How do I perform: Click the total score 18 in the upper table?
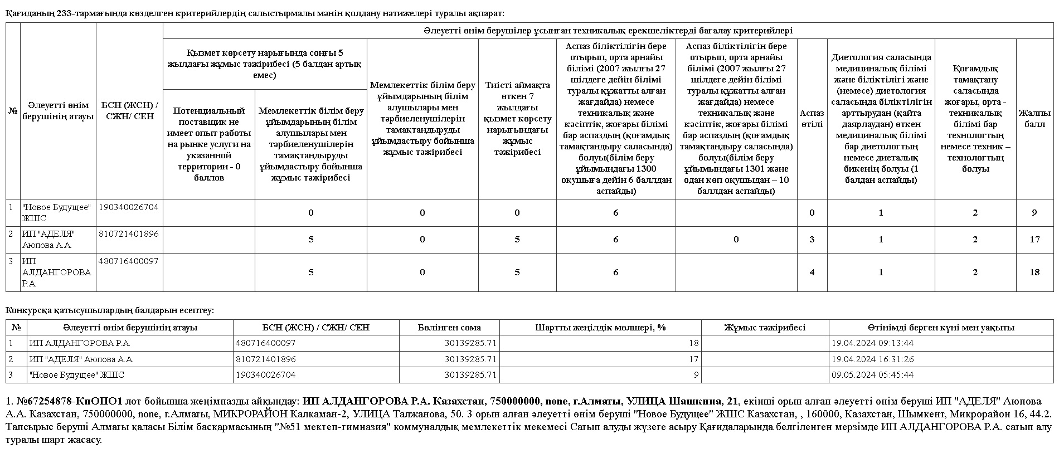tap(1034, 272)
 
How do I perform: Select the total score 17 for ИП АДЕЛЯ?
tap(1034, 240)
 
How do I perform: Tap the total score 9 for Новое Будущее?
tap(1034, 212)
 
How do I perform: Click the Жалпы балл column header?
tap(1034, 119)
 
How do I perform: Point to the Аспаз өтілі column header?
tap(812, 119)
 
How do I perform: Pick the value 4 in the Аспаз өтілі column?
tap(812, 272)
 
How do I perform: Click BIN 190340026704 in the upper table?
tap(129, 207)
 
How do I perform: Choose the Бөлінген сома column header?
tap(449, 328)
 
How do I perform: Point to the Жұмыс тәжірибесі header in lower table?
tap(765, 328)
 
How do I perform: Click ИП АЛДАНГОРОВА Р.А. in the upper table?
tap(56, 272)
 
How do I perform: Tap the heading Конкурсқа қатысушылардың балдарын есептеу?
tap(110, 310)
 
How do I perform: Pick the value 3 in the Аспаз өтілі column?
tap(812, 240)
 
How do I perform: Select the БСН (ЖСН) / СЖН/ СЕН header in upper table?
tap(129, 111)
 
